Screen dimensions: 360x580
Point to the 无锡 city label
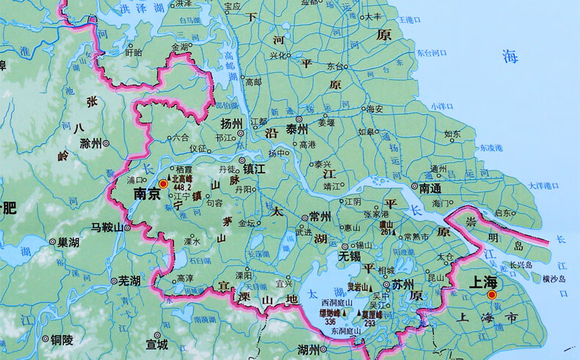(350, 257)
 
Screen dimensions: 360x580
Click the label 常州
(320, 216)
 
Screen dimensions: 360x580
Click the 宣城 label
(157, 343)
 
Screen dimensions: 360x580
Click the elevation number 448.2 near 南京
(181, 187)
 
